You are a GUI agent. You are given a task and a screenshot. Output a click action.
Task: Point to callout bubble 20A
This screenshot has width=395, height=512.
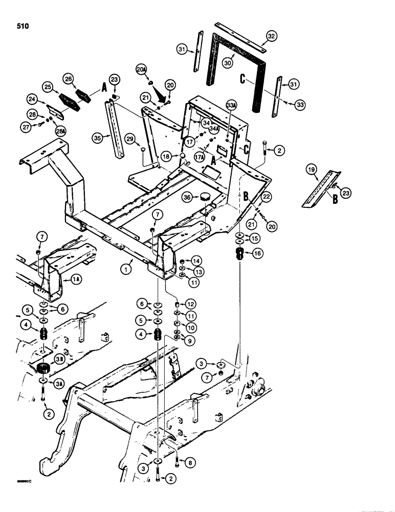[141, 69]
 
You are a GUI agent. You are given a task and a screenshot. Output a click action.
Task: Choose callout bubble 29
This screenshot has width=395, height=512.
[130, 139]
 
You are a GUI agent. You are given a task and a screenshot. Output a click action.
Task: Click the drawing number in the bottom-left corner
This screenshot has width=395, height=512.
[16, 481]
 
